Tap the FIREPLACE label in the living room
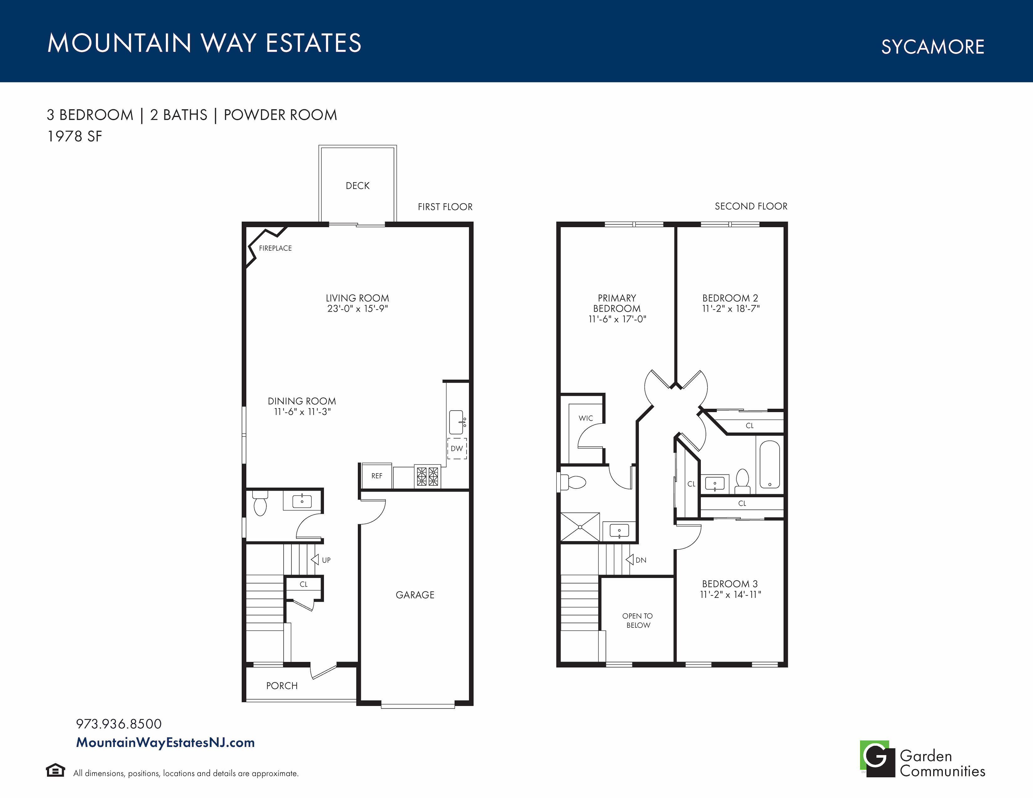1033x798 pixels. (x=275, y=248)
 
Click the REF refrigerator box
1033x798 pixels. (x=377, y=476)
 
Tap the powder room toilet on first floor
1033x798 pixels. (x=260, y=504)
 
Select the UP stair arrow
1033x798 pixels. (x=315, y=560)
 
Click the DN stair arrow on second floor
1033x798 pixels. (x=630, y=560)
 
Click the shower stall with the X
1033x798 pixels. (x=580, y=527)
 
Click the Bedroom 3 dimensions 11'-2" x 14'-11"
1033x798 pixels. (x=731, y=595)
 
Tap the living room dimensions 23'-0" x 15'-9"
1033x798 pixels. (x=357, y=309)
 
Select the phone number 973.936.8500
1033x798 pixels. (x=119, y=724)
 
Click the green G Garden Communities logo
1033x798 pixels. (x=877, y=759)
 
